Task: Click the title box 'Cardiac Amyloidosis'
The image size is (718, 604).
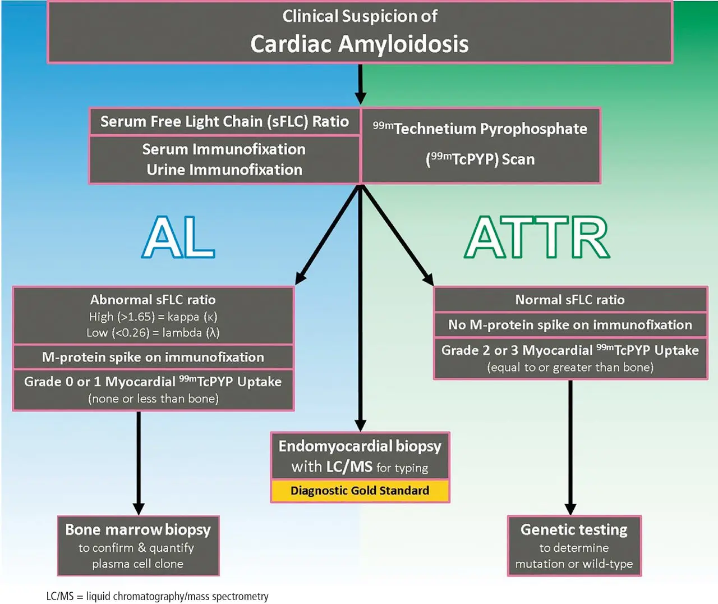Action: click(360, 33)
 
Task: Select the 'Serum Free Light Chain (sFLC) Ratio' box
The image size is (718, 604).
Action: click(224, 121)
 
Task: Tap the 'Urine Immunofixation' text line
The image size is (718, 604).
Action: click(224, 170)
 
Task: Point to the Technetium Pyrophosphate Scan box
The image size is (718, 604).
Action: click(481, 145)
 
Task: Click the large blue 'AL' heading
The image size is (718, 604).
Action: click(179, 237)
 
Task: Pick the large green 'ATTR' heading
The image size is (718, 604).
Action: click(537, 237)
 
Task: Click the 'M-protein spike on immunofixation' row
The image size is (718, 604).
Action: click(153, 357)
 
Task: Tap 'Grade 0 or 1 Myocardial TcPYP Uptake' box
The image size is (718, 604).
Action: click(153, 390)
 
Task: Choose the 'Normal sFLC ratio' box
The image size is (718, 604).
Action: click(570, 300)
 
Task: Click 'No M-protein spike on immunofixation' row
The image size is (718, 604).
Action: click(570, 324)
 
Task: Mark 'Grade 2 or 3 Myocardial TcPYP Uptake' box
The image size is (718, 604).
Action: click(570, 358)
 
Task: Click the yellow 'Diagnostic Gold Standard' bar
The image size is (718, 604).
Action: click(360, 491)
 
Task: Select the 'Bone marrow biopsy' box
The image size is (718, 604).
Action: click(138, 546)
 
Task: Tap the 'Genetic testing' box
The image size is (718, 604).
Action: click(574, 546)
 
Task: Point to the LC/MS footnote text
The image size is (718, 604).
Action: click(158, 596)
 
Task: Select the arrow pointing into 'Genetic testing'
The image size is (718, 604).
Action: click(570, 446)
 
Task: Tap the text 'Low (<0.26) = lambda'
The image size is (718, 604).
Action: click(153, 333)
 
